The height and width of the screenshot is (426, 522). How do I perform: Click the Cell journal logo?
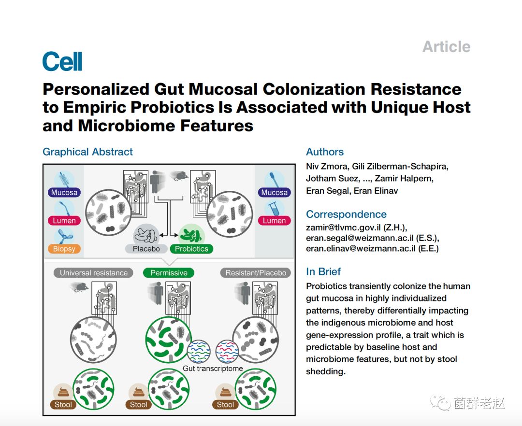tap(62, 62)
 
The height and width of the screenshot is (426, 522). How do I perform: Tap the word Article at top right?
tap(446, 47)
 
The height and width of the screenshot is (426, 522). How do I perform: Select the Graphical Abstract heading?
tap(87, 152)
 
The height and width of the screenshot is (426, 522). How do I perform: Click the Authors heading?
tap(325, 152)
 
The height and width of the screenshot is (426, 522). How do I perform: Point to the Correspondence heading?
tap(346, 214)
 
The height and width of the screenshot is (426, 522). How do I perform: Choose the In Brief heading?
tap(323, 271)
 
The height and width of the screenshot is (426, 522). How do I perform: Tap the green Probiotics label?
tap(191, 249)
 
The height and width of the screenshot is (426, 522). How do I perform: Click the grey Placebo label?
tap(146, 249)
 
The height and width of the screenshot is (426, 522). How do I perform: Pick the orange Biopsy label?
tap(64, 249)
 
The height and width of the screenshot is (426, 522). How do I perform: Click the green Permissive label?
tap(169, 273)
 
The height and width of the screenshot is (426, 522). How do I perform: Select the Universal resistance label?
tap(94, 273)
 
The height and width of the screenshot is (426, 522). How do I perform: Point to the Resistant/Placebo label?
tap(256, 273)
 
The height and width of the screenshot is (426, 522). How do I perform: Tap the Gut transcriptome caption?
tap(213, 368)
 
